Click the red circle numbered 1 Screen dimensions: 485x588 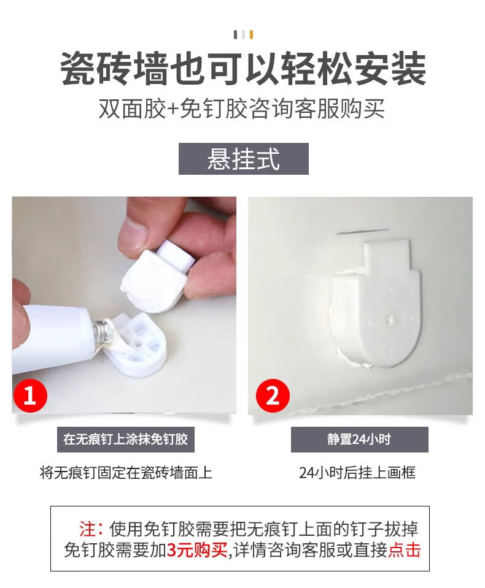[x=30, y=395]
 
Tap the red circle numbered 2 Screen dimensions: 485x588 [x=273, y=395]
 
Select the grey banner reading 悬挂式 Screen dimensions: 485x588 [x=243, y=159]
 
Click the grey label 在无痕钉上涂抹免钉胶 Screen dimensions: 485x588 [x=126, y=440]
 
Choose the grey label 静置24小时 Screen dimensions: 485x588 [x=359, y=440]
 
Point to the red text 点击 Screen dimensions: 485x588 [x=405, y=550]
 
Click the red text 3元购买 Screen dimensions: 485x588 [x=198, y=550]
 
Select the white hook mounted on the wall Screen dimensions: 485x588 [x=375, y=304]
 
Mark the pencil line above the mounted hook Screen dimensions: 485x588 [x=363, y=231]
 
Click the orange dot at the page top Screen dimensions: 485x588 [x=252, y=35]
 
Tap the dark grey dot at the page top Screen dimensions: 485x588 [x=235, y=35]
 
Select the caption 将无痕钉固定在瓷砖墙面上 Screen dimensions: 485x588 [x=126, y=473]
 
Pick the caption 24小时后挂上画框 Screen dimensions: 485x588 [x=357, y=473]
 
